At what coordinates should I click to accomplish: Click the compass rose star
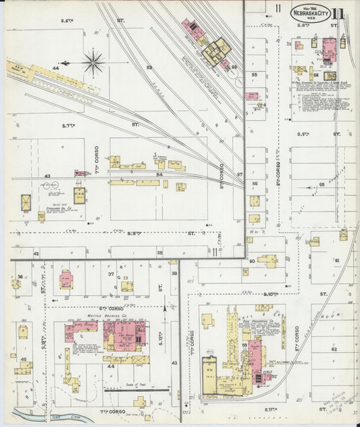tap(93, 62)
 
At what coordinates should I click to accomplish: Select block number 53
tap(149, 68)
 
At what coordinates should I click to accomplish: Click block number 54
tap(160, 175)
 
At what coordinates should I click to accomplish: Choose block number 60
tap(251, 260)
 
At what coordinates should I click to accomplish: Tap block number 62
tap(334, 349)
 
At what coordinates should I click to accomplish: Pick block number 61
tap(336, 260)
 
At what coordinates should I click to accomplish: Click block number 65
tap(322, 184)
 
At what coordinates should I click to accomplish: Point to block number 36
tap(20, 276)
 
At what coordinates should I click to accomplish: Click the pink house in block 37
tap(66, 278)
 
